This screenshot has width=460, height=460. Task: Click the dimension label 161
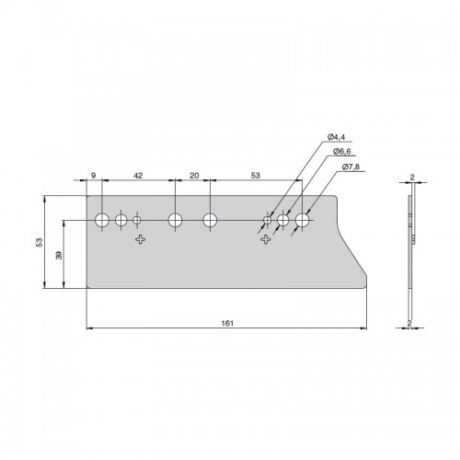(x=227, y=323)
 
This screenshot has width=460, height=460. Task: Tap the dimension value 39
(x=59, y=255)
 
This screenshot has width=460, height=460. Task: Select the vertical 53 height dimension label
(x=40, y=242)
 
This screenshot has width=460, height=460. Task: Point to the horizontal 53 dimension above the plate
(x=256, y=176)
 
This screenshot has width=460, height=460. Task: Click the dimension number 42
(x=138, y=176)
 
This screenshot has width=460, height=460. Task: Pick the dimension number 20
(x=194, y=176)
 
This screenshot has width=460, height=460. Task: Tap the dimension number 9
(x=94, y=176)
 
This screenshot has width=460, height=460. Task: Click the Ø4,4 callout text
(x=336, y=137)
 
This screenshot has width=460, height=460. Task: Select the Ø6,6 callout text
(x=342, y=152)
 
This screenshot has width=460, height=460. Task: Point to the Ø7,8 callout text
(x=351, y=167)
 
